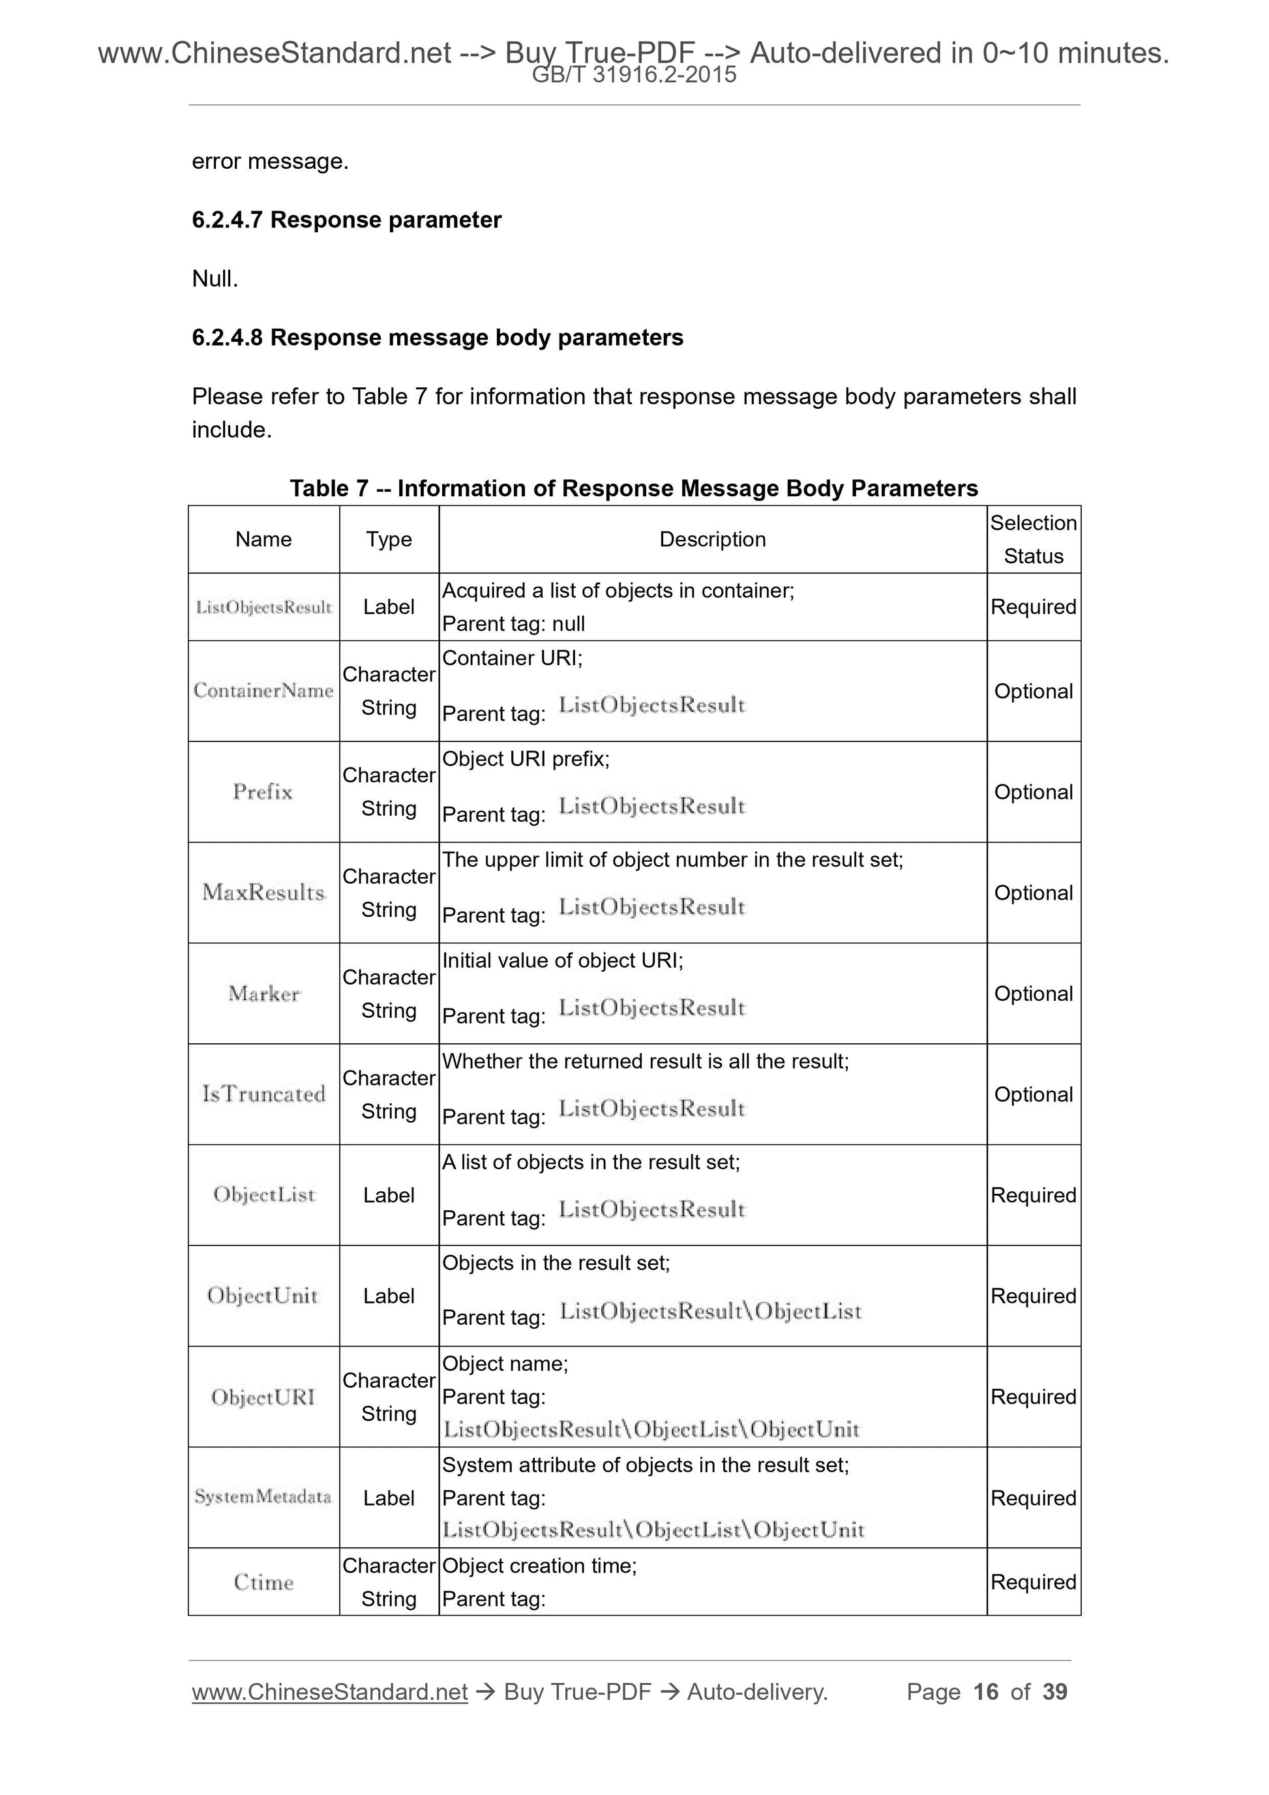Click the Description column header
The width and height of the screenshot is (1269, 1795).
(x=711, y=539)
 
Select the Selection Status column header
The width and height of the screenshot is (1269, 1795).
(x=1033, y=539)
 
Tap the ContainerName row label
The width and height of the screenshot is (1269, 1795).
(x=263, y=691)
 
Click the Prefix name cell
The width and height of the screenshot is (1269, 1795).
(x=263, y=792)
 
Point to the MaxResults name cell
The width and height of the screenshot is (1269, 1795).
(x=263, y=893)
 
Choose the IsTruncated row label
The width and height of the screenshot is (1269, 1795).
(x=263, y=1095)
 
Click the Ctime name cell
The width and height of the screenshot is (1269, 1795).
(x=263, y=1582)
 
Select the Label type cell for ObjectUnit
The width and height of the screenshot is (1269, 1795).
(x=389, y=1296)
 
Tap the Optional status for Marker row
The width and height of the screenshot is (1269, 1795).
(x=1033, y=994)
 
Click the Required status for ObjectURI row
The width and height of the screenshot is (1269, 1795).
(x=1033, y=1397)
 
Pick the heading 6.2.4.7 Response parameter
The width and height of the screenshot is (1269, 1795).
(x=346, y=220)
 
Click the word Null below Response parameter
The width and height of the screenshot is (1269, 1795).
(x=215, y=279)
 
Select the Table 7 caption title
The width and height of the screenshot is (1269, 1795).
(x=633, y=488)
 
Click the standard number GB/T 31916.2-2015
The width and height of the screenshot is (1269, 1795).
(x=633, y=76)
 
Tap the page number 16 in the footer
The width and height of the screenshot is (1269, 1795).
(x=985, y=1692)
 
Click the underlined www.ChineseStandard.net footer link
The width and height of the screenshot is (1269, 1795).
(x=329, y=1692)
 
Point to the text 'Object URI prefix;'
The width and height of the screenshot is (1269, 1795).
(x=526, y=759)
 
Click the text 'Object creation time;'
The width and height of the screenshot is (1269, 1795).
(x=539, y=1566)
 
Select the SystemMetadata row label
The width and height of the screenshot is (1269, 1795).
(x=263, y=1497)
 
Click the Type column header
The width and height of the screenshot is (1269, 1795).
(x=389, y=539)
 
